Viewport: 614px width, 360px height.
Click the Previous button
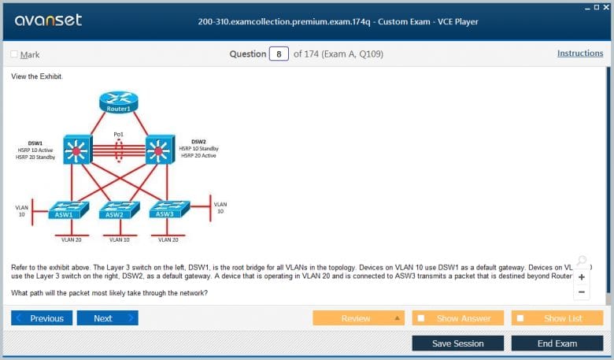click(x=42, y=318)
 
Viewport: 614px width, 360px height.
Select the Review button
click(x=358, y=318)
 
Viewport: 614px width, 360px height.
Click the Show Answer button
click(x=459, y=318)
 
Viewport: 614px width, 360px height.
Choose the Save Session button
click(x=457, y=343)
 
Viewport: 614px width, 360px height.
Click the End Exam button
click(x=557, y=343)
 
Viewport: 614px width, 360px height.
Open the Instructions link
click(x=580, y=54)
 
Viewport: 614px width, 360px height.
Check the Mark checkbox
click(x=15, y=54)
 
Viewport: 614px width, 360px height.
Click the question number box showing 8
click(x=279, y=54)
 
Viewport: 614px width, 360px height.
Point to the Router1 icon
click(x=119, y=102)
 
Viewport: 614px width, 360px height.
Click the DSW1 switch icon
click(x=78, y=149)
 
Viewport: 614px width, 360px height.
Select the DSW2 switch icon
click(x=160, y=149)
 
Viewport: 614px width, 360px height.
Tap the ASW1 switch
click(x=65, y=210)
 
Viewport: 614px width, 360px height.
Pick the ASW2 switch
click(x=115, y=210)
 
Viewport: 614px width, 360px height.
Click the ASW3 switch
click(x=165, y=210)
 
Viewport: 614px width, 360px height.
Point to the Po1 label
click(x=119, y=135)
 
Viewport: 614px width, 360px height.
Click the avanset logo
click(x=48, y=20)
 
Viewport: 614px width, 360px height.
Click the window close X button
click(x=607, y=6)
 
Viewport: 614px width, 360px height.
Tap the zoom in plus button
click(x=582, y=277)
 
